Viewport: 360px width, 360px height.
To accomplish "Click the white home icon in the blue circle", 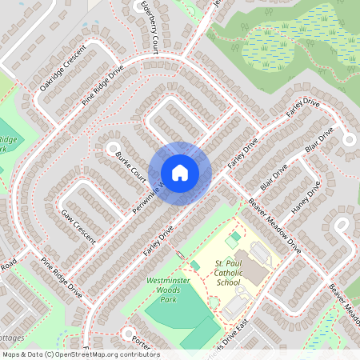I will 180,172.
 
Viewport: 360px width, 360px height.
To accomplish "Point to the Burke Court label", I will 130,165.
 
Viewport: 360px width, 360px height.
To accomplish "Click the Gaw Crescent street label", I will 78,226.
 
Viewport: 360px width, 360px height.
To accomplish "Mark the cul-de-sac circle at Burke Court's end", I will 103,147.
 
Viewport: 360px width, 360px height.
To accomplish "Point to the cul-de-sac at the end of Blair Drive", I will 349,138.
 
